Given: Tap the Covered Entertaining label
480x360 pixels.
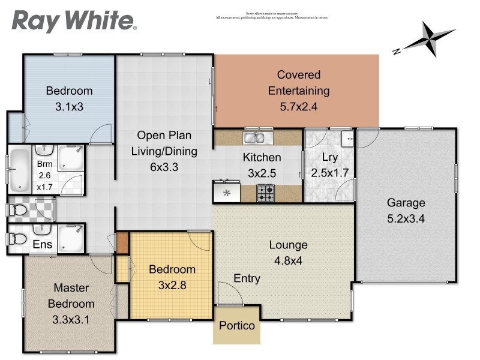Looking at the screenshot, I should click(x=303, y=83).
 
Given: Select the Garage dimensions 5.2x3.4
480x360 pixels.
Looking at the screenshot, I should click(x=406, y=218).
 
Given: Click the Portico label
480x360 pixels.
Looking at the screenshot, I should click(x=236, y=326).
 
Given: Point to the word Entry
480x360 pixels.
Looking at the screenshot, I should click(x=247, y=278).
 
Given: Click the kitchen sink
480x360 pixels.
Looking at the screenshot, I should click(x=258, y=138).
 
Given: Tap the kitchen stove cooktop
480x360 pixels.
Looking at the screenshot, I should click(x=266, y=193).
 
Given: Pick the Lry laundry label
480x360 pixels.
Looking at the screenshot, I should click(x=330, y=157).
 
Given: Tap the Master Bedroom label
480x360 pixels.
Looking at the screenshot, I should click(x=71, y=295).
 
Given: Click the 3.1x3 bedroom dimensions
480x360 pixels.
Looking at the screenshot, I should click(x=70, y=107).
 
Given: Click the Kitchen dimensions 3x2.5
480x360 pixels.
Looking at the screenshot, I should click(x=262, y=173).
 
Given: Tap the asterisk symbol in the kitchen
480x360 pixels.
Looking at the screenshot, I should click(x=227, y=193).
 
